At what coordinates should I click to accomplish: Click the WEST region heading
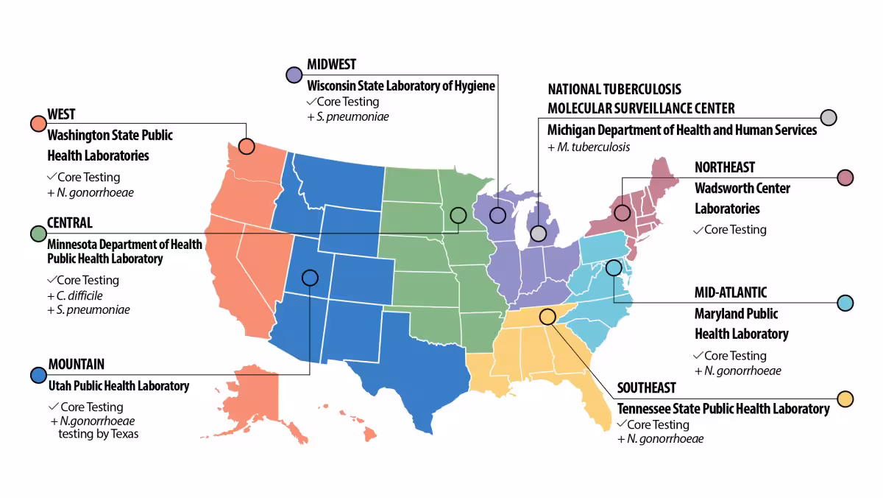[61, 115]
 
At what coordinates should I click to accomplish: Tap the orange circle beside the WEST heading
[38, 123]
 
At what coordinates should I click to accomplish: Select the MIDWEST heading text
[331, 65]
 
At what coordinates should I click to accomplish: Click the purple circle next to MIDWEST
[294, 74]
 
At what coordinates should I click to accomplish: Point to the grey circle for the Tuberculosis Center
[829, 117]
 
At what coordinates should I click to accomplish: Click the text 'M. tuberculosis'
[593, 147]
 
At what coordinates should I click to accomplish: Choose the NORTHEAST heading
[725, 168]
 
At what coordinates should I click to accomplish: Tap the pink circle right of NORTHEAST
[845, 178]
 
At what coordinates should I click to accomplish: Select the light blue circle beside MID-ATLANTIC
[845, 303]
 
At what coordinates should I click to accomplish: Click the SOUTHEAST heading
[646, 388]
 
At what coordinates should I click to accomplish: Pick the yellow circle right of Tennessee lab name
[845, 399]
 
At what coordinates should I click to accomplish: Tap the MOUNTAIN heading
[77, 364]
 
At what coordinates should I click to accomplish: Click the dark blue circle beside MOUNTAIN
[38, 374]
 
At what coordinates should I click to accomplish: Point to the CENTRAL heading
[70, 223]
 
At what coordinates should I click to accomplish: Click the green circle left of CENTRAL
[38, 234]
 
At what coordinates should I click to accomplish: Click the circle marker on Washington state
[247, 147]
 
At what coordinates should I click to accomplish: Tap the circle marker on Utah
[310, 278]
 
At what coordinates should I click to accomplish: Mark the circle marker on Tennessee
[547, 317]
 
